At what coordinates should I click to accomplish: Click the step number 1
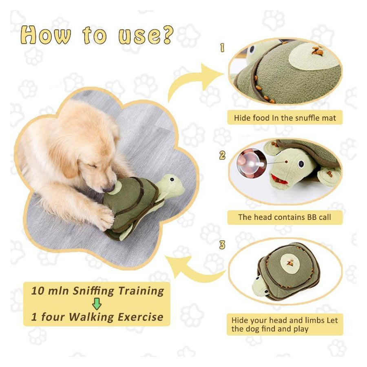(x=222, y=48)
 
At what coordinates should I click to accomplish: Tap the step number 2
(x=222, y=155)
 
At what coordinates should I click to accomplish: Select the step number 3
(x=222, y=245)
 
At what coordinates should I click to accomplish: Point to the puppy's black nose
(x=109, y=188)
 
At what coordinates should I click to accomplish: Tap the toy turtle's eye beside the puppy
(x=172, y=179)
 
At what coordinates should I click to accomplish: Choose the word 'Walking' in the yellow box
(x=91, y=317)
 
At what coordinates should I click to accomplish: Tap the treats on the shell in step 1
(x=317, y=51)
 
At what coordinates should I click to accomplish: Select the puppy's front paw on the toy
(x=105, y=217)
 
